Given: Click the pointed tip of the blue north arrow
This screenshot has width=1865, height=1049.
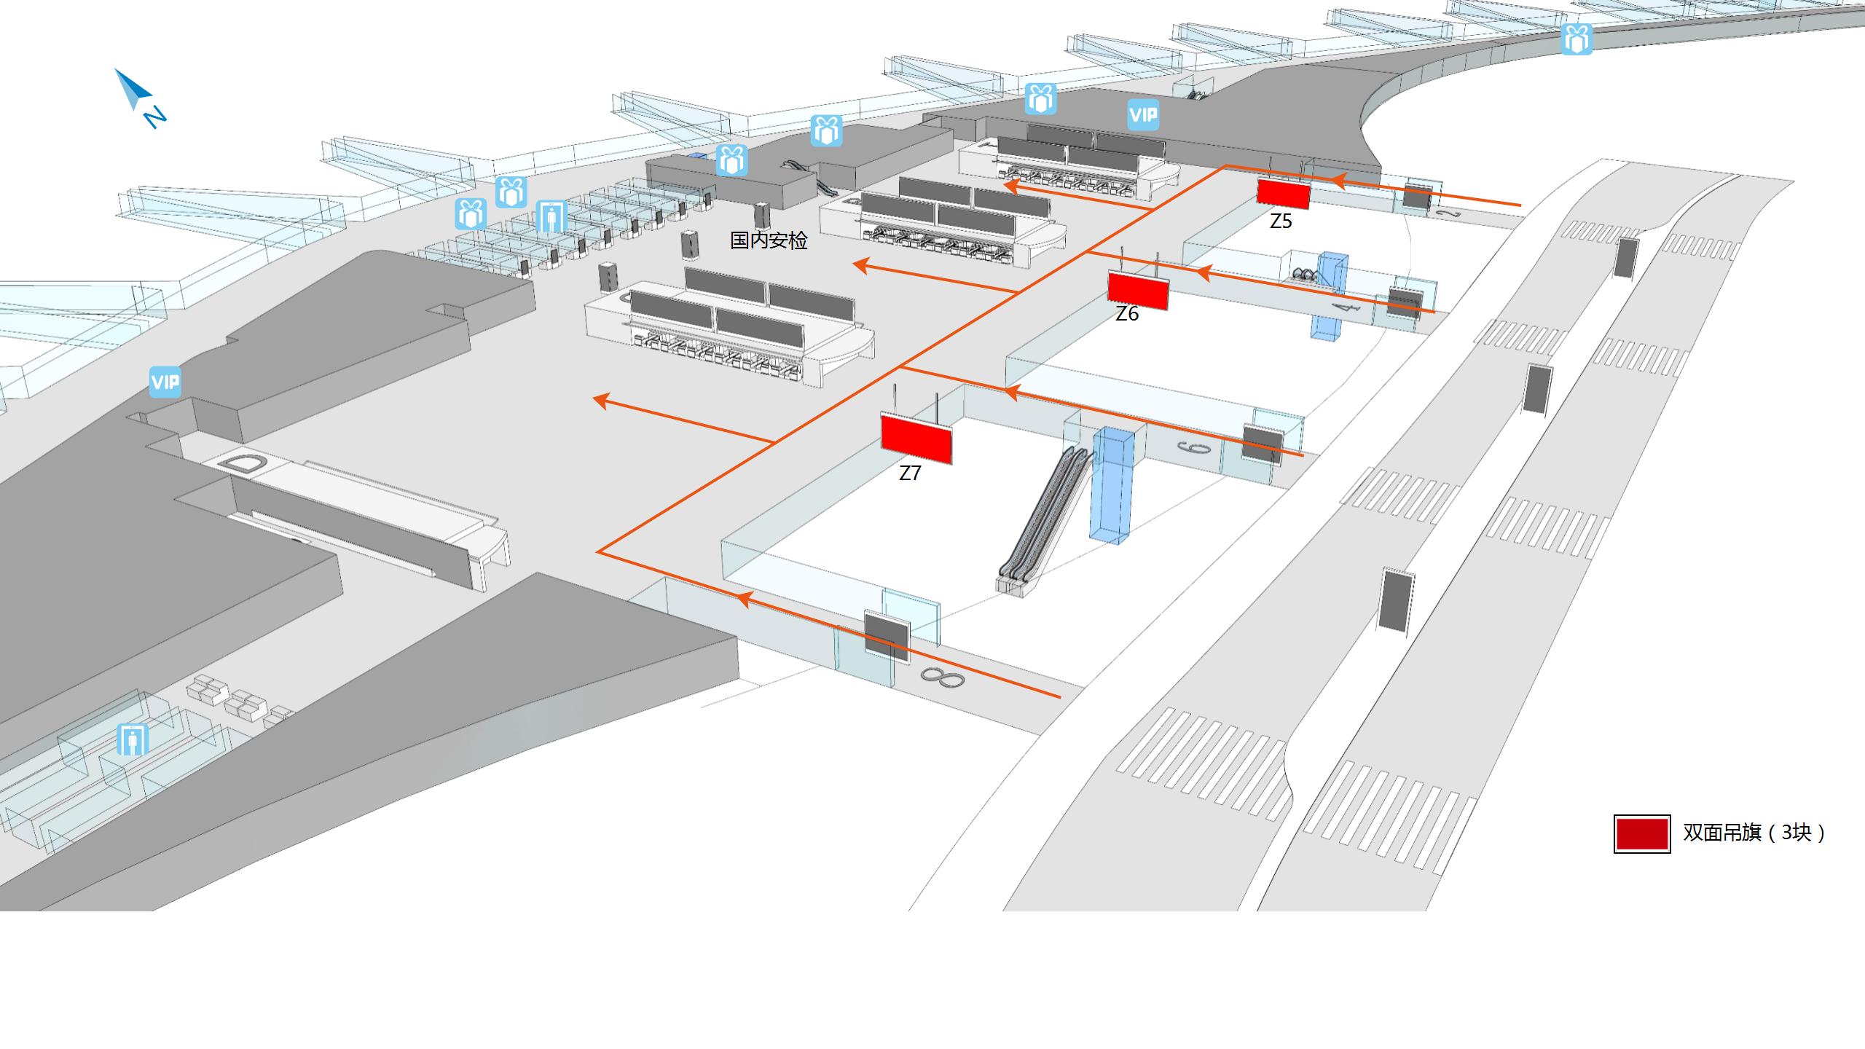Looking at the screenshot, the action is click(115, 69).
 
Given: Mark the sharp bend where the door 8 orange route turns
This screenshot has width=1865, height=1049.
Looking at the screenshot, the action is click(598, 552).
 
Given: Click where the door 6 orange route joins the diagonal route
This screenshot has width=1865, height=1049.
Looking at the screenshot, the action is click(903, 366).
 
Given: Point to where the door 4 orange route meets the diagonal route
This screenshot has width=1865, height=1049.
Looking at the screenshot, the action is click(1088, 253).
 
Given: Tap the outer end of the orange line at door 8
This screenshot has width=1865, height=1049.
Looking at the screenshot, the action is click(1060, 697).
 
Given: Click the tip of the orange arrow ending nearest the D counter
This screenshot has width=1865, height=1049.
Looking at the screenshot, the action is click(594, 398).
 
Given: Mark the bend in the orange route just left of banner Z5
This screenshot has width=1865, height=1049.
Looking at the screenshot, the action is click(1225, 167).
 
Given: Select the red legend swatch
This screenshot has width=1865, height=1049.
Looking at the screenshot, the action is click(1642, 833).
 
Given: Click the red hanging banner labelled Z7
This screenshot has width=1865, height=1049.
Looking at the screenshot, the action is click(916, 439).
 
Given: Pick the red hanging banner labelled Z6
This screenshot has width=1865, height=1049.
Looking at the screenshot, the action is click(1138, 290).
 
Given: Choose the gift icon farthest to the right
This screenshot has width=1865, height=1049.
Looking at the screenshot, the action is click(1577, 39).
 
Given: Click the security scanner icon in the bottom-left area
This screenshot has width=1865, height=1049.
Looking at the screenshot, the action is click(133, 739).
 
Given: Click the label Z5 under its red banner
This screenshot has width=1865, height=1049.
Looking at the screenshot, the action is click(1281, 221).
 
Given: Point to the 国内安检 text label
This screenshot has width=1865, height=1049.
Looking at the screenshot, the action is click(769, 240).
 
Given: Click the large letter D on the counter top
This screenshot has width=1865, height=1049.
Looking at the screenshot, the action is click(242, 463).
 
